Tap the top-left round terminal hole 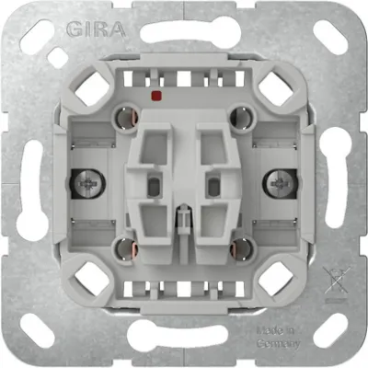[x=124, y=116]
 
